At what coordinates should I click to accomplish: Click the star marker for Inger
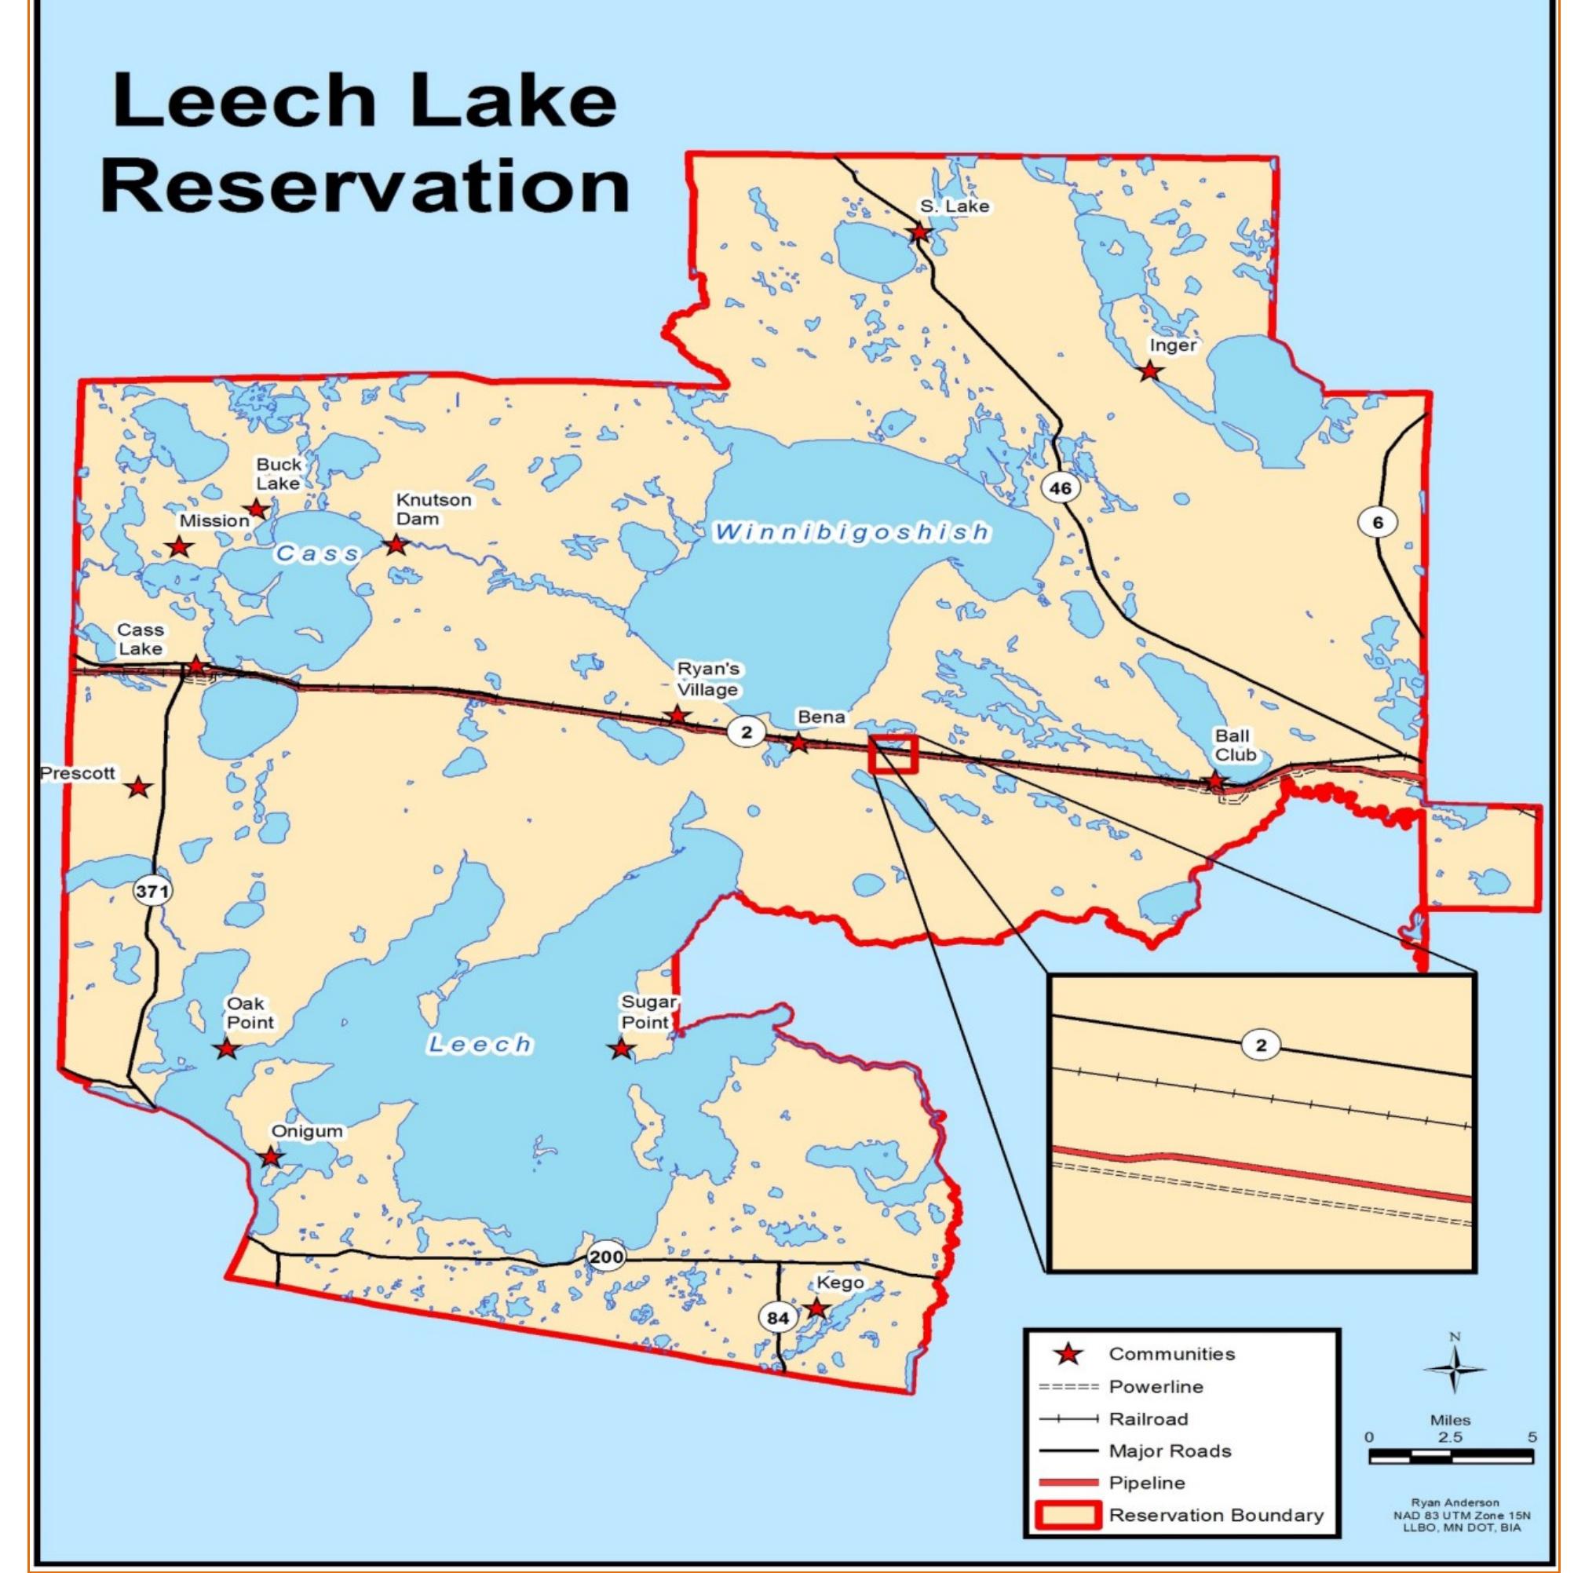1149,371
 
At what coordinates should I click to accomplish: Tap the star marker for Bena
798,743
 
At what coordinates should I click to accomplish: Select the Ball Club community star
1214,780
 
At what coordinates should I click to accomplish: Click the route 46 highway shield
1060,488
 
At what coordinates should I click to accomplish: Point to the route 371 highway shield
152,890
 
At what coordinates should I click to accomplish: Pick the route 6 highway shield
1378,522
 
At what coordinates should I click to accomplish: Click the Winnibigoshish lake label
853,533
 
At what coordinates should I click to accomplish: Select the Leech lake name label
480,1044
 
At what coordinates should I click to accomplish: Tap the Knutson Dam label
433,509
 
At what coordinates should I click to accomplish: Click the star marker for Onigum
272,1157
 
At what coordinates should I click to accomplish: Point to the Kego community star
816,1308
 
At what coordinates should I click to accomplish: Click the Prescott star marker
139,787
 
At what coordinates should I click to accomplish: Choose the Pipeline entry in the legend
1146,1483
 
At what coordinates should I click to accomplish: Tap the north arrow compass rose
1454,1370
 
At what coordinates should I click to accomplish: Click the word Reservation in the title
365,187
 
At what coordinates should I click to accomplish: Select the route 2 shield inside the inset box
1261,1046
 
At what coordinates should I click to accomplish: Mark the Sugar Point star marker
621,1049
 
